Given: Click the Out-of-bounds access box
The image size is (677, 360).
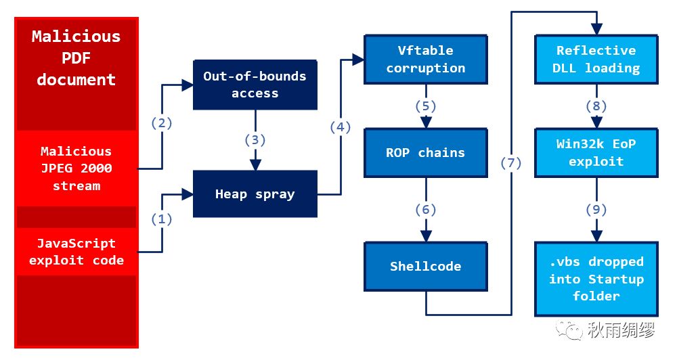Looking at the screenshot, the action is [x=255, y=85].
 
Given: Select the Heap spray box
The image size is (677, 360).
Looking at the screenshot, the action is [x=255, y=194].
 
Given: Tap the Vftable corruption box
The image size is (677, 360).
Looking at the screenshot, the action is [x=426, y=59].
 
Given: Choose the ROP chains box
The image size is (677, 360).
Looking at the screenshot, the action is [x=426, y=153].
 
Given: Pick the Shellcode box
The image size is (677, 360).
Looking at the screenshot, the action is [x=426, y=267].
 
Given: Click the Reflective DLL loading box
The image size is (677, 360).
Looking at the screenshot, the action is [x=596, y=59].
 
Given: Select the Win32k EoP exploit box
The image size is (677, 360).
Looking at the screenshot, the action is [x=596, y=153].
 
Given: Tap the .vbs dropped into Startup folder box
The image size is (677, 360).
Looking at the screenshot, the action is [x=596, y=279].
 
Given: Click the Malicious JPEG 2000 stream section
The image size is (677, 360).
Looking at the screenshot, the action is [x=77, y=168].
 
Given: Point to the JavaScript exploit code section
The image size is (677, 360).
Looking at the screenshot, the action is [x=77, y=252].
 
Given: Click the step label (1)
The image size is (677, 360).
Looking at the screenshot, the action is [x=162, y=219].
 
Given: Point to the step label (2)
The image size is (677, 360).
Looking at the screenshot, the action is [x=162, y=123].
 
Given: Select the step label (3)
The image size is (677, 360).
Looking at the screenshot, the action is [x=255, y=140].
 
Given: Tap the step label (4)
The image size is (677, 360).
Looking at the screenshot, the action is [x=341, y=127].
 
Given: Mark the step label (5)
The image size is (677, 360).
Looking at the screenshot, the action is [x=426, y=106].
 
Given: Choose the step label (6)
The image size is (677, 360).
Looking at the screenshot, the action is [x=426, y=210].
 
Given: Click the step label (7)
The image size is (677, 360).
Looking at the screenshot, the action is [x=511, y=163].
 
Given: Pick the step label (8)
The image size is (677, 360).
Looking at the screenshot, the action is [x=596, y=106].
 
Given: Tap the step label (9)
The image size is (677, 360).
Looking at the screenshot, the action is [x=596, y=210].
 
